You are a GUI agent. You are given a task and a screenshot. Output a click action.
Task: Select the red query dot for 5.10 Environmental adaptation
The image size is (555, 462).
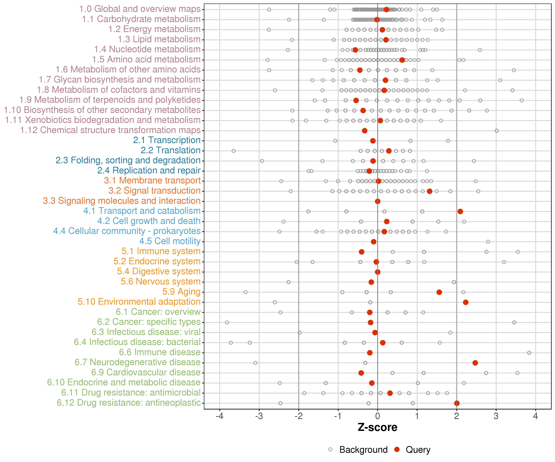pyautogui.click(x=466, y=302)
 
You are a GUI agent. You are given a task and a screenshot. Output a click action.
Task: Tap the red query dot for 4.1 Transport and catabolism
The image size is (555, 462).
pyautogui.click(x=460, y=211)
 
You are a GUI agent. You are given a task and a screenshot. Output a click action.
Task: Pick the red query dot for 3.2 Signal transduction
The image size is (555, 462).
pyautogui.click(x=430, y=191)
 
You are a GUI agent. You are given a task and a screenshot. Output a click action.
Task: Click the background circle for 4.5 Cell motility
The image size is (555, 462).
pyautogui.click(x=488, y=242)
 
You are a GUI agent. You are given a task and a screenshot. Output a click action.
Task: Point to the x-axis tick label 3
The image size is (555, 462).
pyautogui.click(x=496, y=416)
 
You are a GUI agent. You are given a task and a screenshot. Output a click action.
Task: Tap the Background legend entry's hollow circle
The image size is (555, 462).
pyautogui.click(x=330, y=449)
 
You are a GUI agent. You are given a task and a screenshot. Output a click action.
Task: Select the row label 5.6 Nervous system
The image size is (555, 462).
pyautogui.click(x=160, y=282)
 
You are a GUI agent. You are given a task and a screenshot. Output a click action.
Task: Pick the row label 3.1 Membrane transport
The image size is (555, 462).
pyautogui.click(x=152, y=181)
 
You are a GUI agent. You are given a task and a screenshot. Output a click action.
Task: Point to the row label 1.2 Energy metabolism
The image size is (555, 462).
pyautogui.click(x=154, y=29)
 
